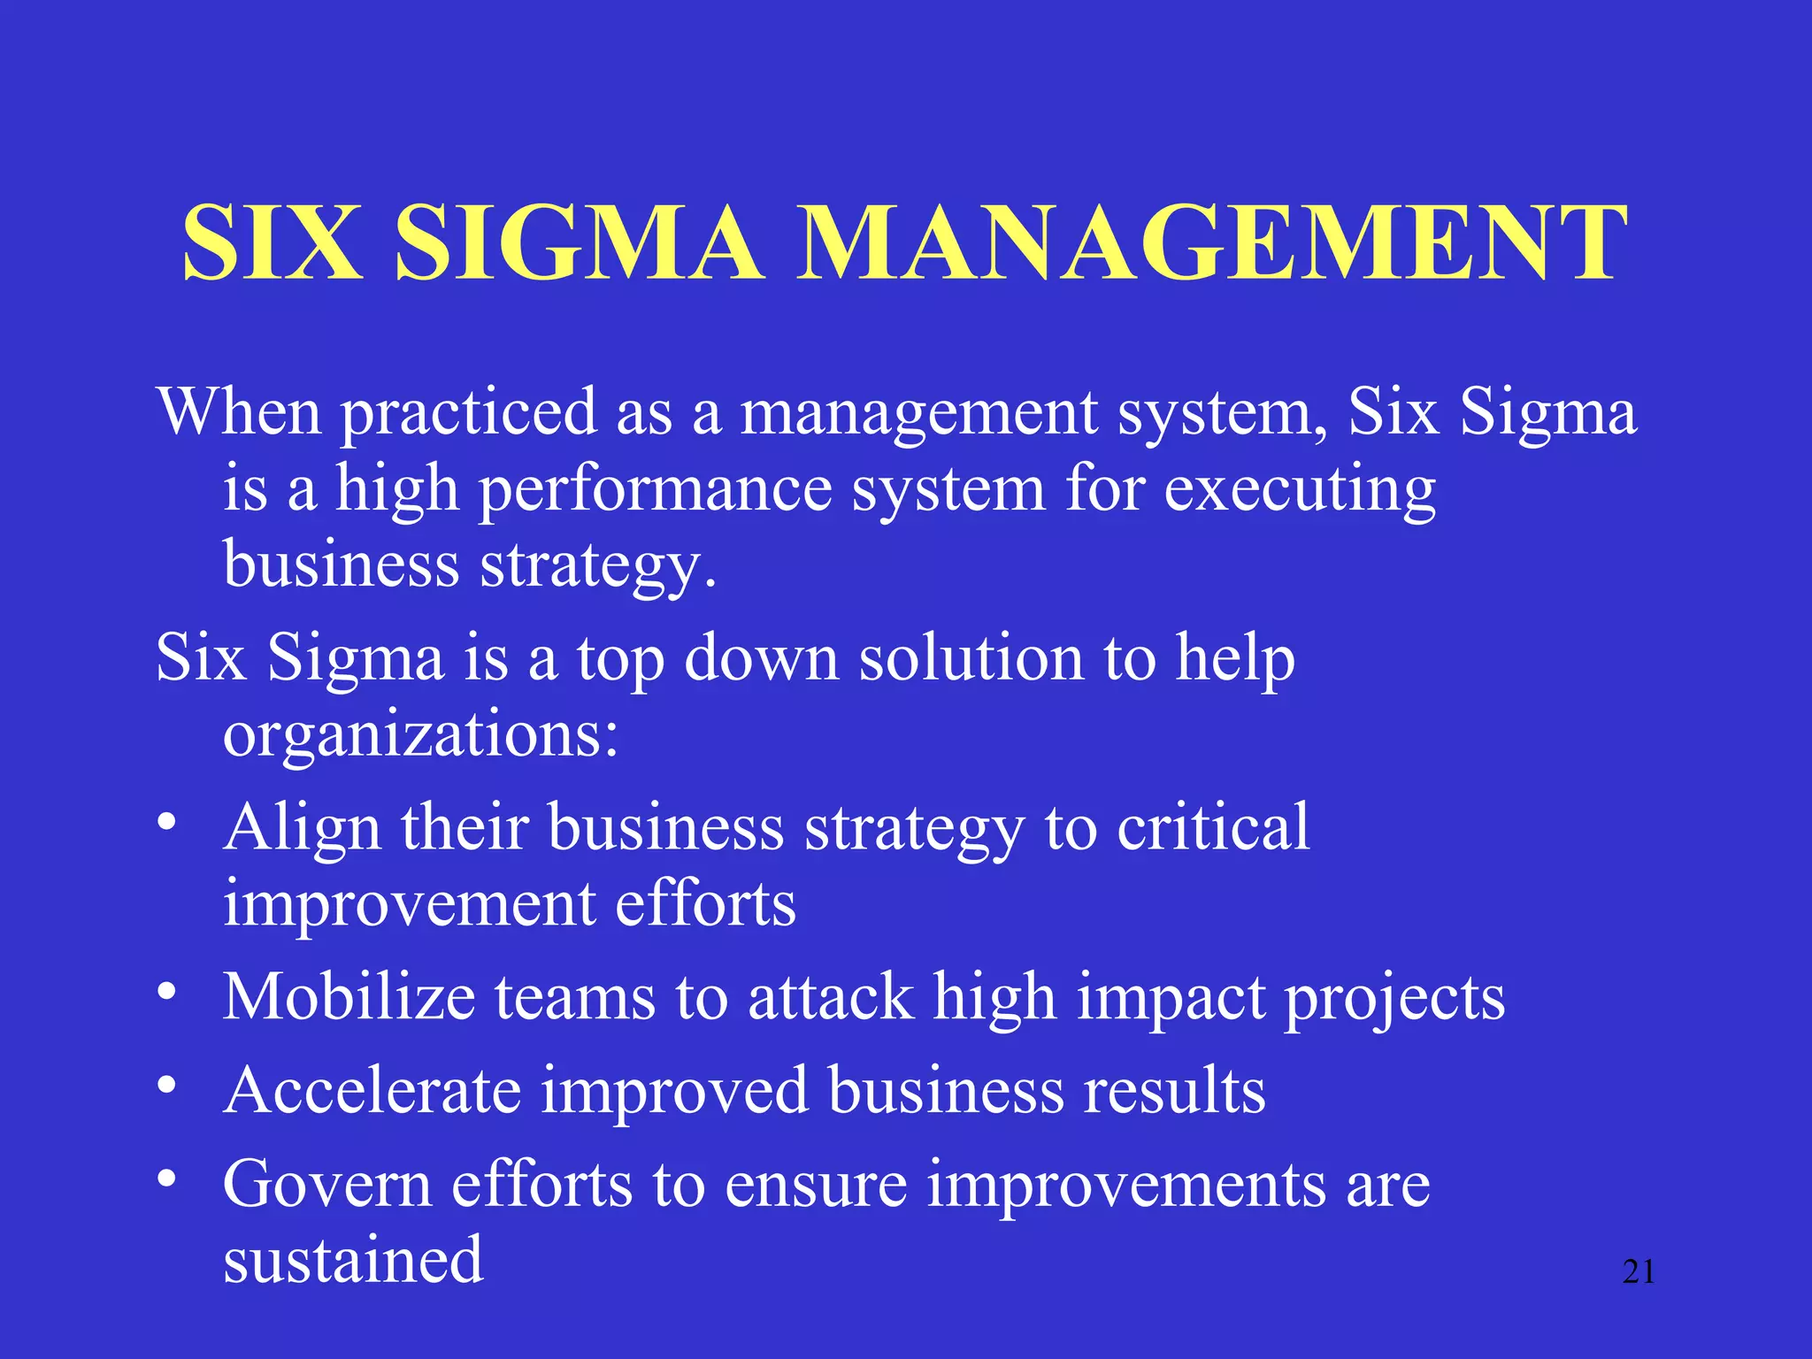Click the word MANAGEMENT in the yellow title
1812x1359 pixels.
pos(1212,242)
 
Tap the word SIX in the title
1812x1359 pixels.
pos(273,242)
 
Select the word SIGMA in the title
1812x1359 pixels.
pos(579,242)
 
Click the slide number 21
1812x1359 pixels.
pos(1639,1272)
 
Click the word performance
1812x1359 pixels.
pos(656,491)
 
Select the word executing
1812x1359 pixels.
pos(1300,491)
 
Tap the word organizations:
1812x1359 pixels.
pos(420,734)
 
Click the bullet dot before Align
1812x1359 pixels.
pos(166,823)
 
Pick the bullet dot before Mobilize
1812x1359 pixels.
pos(166,992)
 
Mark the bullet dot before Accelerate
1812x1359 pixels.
pos(166,1085)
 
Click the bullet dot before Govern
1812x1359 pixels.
pos(166,1179)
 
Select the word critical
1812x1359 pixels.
pos(1213,827)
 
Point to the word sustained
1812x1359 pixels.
pos(353,1260)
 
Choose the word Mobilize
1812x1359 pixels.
pos(349,997)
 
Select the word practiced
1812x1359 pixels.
pos(469,414)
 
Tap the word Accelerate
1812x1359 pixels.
pos(372,1091)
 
